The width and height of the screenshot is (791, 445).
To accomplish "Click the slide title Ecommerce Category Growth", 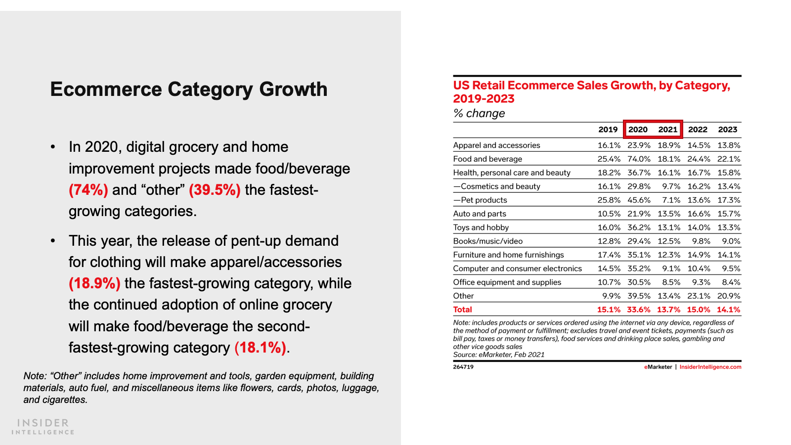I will [188, 89].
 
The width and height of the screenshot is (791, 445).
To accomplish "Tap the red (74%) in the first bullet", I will [88, 190].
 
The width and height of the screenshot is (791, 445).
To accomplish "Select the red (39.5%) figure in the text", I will [215, 190].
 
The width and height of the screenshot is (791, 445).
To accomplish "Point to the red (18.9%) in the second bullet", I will [94, 283].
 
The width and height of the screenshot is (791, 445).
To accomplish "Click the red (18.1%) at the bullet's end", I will [260, 348].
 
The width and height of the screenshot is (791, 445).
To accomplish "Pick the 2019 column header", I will [608, 130].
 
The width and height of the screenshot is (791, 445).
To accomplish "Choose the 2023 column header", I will [727, 130].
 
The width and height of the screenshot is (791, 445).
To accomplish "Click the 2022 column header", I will [698, 130].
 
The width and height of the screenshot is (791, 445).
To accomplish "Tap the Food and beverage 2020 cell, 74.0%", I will [639, 159].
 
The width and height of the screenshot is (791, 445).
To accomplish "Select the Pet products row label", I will [481, 200].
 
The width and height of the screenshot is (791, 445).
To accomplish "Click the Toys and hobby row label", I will [481, 227].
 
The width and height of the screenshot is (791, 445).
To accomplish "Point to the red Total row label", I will [463, 310].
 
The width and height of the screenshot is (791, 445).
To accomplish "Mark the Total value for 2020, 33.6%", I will [639, 310].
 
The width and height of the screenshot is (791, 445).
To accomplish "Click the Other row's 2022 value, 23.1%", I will [699, 296].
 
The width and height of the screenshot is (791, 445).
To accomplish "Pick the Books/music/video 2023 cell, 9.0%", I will [731, 241].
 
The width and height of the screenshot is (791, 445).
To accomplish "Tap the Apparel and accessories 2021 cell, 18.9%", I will [669, 145].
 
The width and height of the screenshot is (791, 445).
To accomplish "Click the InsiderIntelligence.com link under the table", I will [710, 367].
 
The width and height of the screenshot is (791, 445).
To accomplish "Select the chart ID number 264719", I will [463, 367].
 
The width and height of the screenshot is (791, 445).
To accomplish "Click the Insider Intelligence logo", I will [43, 427].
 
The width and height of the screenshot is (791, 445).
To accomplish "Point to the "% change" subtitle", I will [479, 113].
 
